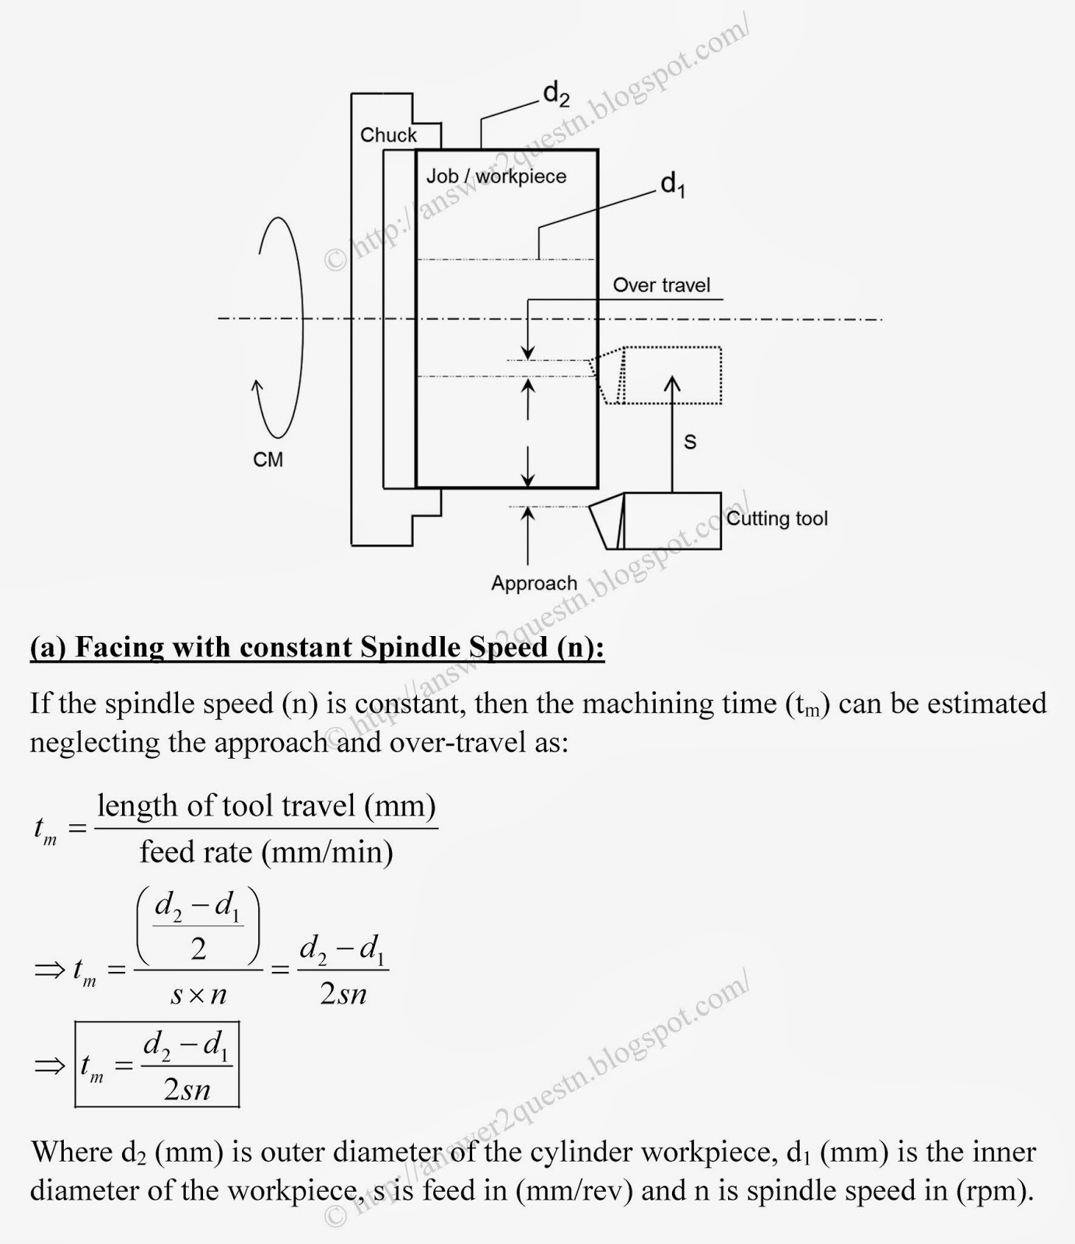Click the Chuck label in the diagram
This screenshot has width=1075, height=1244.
tap(388, 135)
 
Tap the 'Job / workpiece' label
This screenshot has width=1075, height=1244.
tap(496, 176)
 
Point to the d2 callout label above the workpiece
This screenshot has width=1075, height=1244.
tap(556, 94)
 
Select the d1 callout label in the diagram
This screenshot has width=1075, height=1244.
tap(673, 184)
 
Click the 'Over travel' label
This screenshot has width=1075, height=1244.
tap(661, 285)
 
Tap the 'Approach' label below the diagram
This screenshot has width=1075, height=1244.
tap(534, 583)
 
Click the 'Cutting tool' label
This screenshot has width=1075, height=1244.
tap(777, 519)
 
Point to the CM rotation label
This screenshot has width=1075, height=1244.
tap(268, 460)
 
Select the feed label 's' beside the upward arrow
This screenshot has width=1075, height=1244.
tap(690, 442)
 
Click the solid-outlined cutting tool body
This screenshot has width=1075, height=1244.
tap(669, 520)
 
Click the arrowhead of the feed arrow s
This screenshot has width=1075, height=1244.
tap(672, 383)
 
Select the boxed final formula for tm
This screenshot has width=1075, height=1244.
tap(157, 1064)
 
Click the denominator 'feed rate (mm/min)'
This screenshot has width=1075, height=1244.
tap(266, 852)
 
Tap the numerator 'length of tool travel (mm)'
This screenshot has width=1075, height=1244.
tap(266, 805)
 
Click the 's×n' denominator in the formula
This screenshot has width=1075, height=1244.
tap(198, 994)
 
